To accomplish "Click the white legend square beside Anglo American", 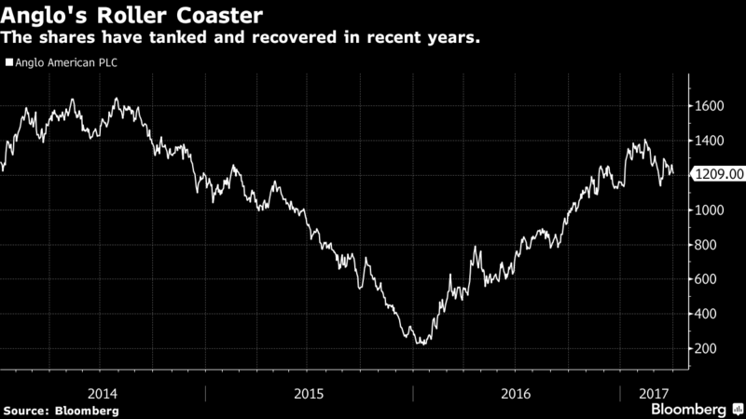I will click(8, 63).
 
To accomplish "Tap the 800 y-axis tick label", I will click(705, 245).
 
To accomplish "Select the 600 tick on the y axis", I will click(705, 279).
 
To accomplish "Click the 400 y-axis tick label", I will click(705, 314).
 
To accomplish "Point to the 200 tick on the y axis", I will click(705, 348).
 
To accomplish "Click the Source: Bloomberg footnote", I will click(61, 410).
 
